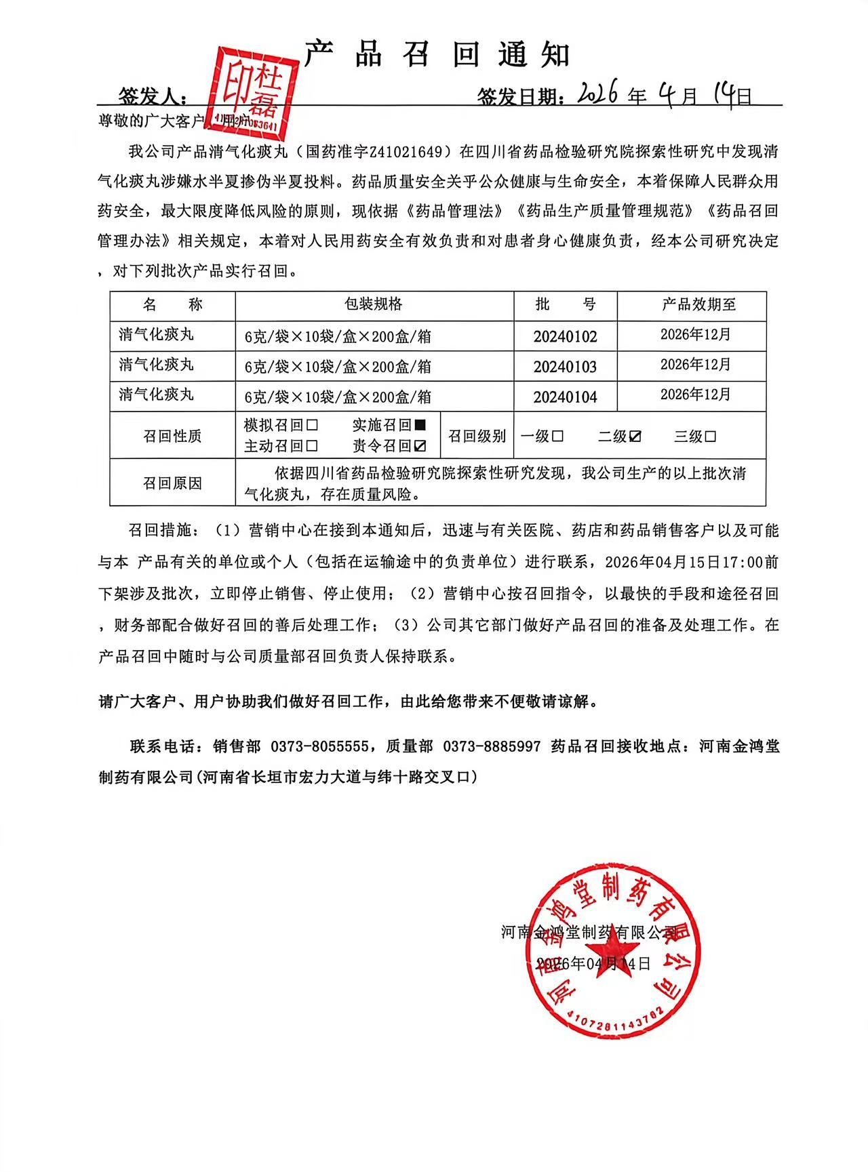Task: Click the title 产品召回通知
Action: click(437, 54)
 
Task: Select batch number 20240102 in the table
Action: click(565, 337)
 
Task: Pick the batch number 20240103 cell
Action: click(565, 367)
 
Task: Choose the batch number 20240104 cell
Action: click(565, 397)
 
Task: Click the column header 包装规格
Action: click(374, 304)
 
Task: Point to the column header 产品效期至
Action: click(698, 305)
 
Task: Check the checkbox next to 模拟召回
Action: click(312, 426)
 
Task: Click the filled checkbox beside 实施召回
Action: click(420, 425)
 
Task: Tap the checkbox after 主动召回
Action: click(312, 446)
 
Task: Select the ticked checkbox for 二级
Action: click(635, 437)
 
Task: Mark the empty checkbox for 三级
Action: click(710, 437)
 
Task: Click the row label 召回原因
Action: click(172, 483)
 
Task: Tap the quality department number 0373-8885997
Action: click(492, 746)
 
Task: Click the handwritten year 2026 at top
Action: click(596, 94)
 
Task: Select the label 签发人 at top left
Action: click(153, 96)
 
